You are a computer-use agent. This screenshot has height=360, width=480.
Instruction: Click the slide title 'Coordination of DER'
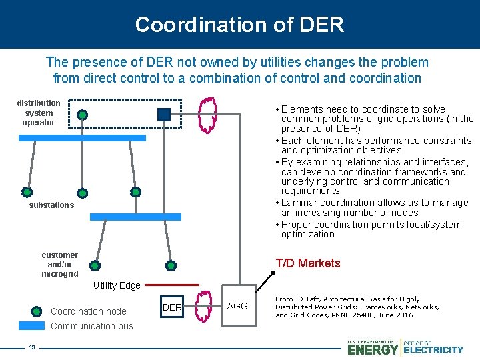[x=239, y=25]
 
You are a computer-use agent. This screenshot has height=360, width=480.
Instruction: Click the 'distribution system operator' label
[x=38, y=113]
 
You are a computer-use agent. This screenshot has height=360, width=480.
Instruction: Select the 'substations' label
[x=51, y=205]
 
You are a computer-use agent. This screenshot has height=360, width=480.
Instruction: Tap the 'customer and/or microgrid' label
[x=59, y=265]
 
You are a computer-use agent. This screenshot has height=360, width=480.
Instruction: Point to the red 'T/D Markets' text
[x=308, y=263]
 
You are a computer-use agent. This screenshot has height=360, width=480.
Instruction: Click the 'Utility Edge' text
[x=117, y=285]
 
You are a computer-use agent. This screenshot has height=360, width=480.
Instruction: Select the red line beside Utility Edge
[x=171, y=285]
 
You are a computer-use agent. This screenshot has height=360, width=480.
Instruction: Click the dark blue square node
[x=164, y=114]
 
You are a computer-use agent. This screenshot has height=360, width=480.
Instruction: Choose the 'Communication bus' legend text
[x=92, y=326]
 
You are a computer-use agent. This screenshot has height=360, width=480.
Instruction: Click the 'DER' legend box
[x=172, y=307]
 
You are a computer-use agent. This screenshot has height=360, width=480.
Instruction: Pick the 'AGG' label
[x=237, y=306]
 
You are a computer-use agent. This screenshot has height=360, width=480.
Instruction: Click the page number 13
[x=31, y=347]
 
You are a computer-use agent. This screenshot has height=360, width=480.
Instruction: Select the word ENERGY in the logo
[x=373, y=349]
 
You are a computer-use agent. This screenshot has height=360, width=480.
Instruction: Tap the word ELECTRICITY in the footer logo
[x=433, y=349]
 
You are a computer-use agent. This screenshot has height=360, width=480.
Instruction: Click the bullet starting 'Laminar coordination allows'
[x=374, y=207]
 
